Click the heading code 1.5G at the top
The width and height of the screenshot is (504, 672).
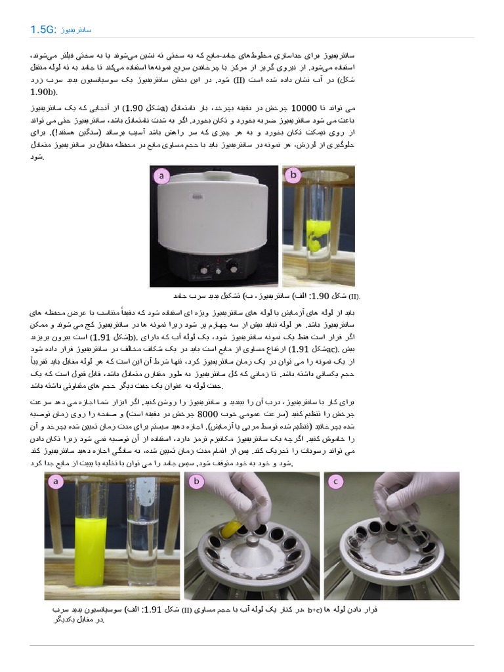pos(43,30)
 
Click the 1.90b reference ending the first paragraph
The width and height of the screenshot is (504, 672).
pos(44,93)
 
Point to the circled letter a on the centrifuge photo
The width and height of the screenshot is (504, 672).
pos(161,175)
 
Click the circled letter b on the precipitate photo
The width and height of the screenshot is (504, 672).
pos(293,175)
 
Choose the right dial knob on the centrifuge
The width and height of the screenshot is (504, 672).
pos(232,267)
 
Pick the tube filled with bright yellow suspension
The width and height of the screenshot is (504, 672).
pos(90,538)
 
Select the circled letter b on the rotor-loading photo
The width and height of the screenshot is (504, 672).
pos(196,482)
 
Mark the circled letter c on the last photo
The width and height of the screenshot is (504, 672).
pos(336,482)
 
